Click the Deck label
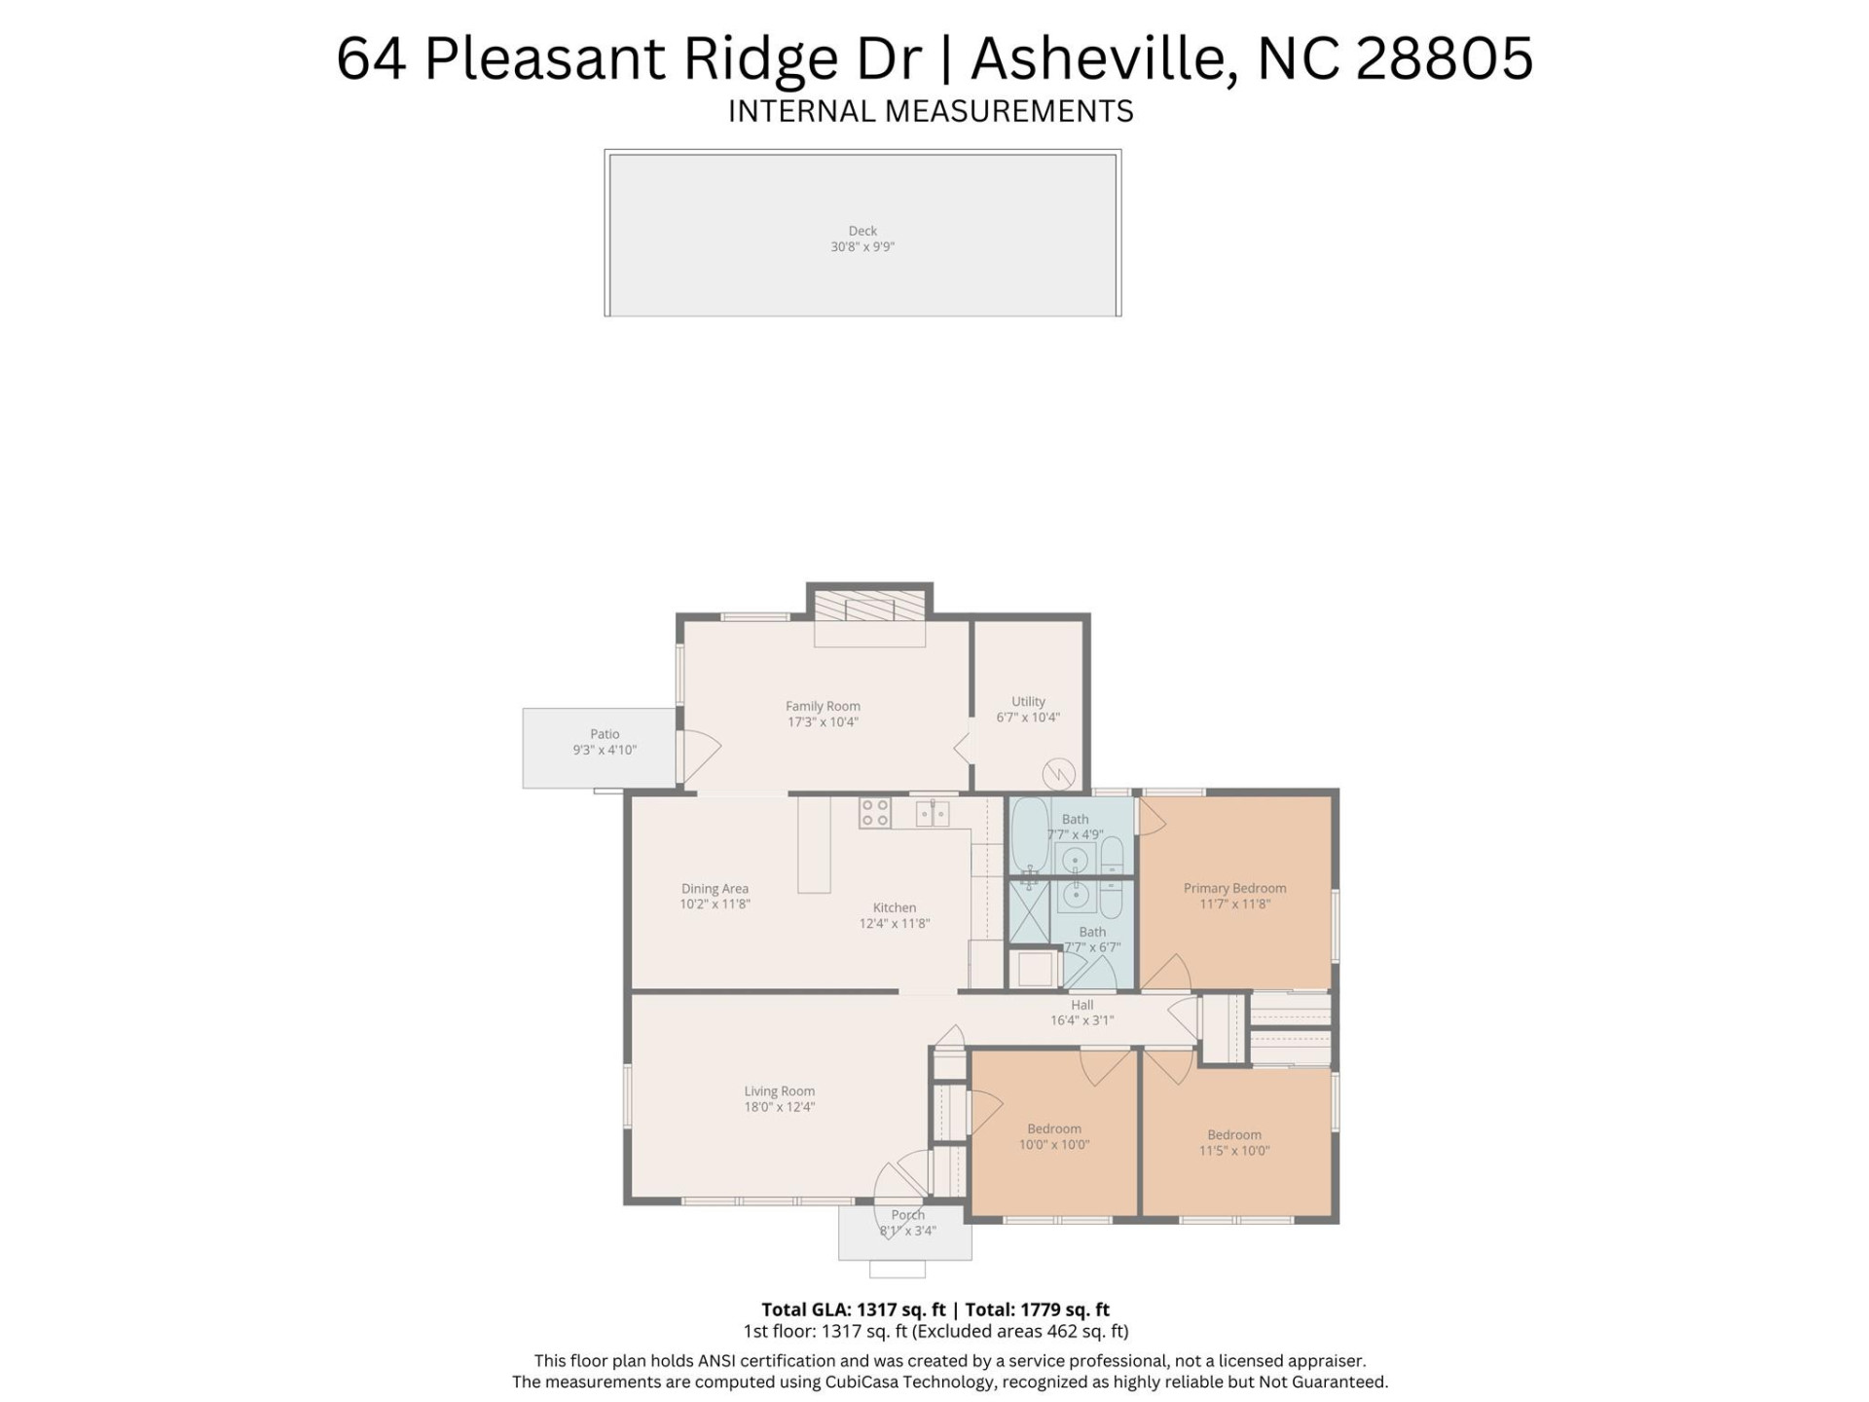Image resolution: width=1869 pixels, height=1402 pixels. (862, 231)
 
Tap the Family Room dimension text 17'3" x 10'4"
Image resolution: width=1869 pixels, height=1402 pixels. (823, 722)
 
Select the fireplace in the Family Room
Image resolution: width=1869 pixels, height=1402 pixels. (869, 607)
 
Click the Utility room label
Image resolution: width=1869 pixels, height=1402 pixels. (1028, 701)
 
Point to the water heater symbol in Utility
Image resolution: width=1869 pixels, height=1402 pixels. (1058, 775)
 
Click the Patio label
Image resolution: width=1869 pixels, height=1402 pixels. (605, 734)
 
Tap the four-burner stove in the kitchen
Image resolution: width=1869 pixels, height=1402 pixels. (874, 812)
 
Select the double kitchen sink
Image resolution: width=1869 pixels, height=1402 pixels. (933, 812)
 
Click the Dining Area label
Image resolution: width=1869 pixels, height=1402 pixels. (715, 888)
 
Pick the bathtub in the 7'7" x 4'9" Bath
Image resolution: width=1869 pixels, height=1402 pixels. (1028, 835)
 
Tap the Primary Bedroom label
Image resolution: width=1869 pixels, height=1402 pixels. (1234, 888)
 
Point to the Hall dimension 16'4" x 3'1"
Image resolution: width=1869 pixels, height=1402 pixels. (1081, 1020)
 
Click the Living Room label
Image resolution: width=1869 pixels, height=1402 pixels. (780, 1091)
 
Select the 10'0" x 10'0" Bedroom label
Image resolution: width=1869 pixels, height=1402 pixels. (1054, 1129)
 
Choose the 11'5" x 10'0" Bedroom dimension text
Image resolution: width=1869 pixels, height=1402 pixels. (1234, 1151)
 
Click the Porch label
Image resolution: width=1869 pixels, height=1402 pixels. (907, 1215)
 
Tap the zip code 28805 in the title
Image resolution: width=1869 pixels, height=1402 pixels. (1444, 58)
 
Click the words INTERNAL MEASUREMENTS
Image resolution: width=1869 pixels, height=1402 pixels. (931, 112)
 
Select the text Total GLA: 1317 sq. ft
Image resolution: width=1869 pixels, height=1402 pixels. (853, 1310)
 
